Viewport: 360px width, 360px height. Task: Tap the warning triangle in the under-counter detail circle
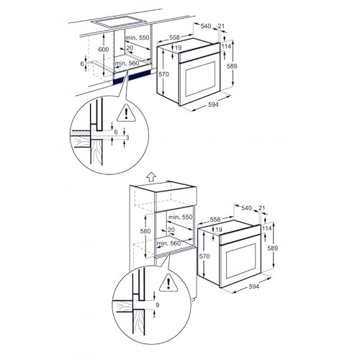[127, 113]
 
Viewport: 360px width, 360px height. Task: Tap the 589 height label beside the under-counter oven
[232, 66]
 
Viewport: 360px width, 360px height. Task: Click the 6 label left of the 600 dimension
[83, 63]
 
